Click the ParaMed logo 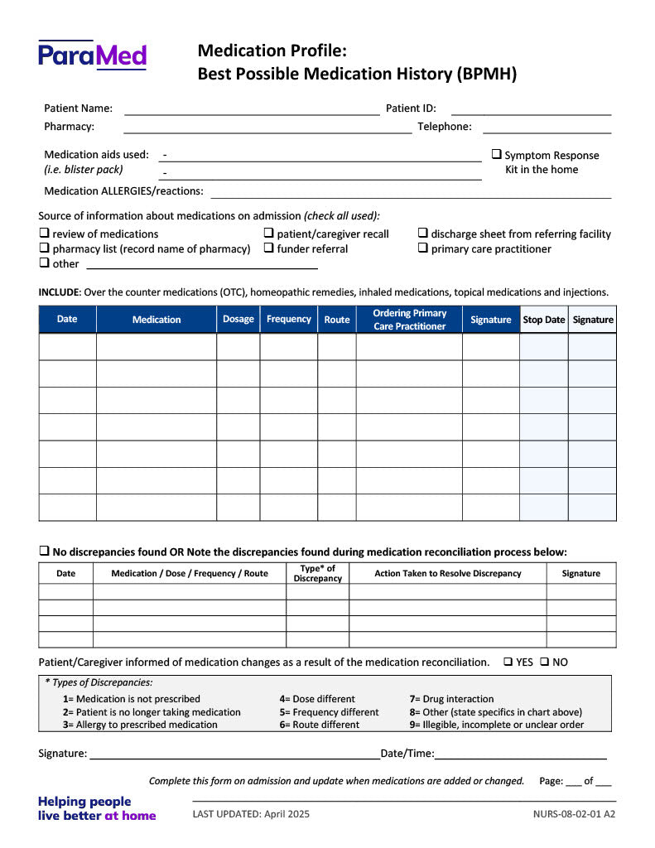pos(92,55)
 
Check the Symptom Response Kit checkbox pos(497,154)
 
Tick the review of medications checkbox pos(45,234)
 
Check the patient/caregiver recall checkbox pos(269,234)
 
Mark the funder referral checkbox pos(269,248)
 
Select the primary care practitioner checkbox pos(423,248)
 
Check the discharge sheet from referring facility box pos(423,234)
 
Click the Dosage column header pos(238,320)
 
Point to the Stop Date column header pos(543,320)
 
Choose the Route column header pos(337,320)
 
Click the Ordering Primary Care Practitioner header pos(409,320)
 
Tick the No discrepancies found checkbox pos(45,552)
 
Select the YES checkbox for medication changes pos(508,662)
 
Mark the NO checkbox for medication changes pos(545,662)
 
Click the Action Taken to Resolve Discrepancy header pos(448,573)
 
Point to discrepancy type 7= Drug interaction pos(451,699)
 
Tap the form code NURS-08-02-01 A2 pos(574,814)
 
